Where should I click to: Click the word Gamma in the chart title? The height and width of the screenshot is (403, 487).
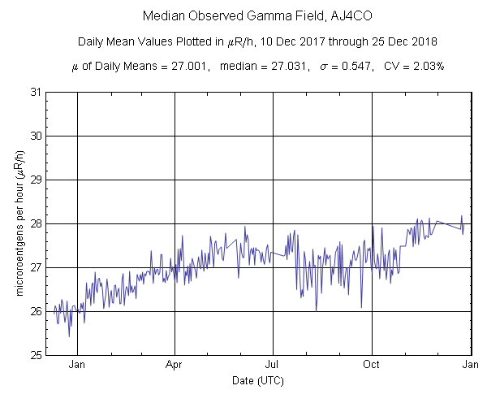(261, 16)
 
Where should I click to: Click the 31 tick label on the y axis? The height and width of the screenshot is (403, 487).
(37, 92)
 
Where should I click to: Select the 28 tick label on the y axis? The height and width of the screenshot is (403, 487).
(37, 223)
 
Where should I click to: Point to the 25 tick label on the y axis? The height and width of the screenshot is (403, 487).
(37, 355)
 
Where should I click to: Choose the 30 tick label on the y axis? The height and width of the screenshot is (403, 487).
(37, 136)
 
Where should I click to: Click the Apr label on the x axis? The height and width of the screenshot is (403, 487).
(175, 365)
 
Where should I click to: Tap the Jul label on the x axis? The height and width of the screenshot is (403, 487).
(273, 365)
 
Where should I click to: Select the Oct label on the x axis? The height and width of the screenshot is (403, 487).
(372, 365)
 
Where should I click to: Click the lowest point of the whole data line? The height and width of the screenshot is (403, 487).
(69, 336)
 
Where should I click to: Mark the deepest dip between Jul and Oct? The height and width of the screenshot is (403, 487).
(316, 310)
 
